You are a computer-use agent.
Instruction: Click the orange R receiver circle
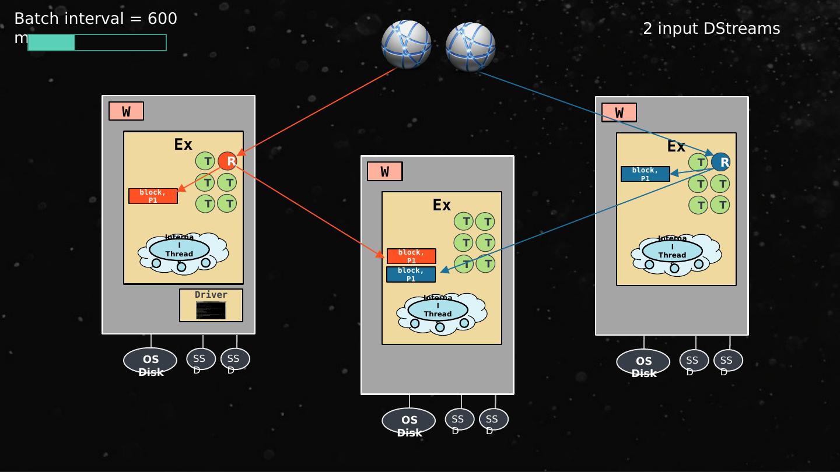[228, 161]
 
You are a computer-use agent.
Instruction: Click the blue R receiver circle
[721, 162]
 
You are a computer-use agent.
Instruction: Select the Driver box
[211, 305]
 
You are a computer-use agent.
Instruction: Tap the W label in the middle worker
[385, 171]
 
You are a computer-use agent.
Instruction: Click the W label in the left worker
[126, 111]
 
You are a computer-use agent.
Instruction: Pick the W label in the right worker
[619, 112]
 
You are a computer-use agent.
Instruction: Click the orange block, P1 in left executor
[153, 196]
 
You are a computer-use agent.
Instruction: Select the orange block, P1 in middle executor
[411, 256]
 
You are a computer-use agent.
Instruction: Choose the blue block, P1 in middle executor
[411, 274]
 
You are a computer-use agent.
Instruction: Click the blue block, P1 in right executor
[645, 174]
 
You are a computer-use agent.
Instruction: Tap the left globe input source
[406, 45]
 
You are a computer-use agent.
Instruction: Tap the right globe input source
[470, 47]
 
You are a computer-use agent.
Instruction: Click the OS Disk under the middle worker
[409, 421]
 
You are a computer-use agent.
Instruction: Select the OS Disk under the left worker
[150, 361]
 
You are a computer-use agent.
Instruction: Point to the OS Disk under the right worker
[643, 362]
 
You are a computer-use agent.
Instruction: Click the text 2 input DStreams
[711, 29]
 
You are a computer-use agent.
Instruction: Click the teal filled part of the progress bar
[51, 43]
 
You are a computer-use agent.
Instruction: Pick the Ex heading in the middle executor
[442, 205]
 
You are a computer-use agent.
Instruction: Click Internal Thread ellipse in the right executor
[672, 251]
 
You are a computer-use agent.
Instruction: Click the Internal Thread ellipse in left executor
[179, 250]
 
